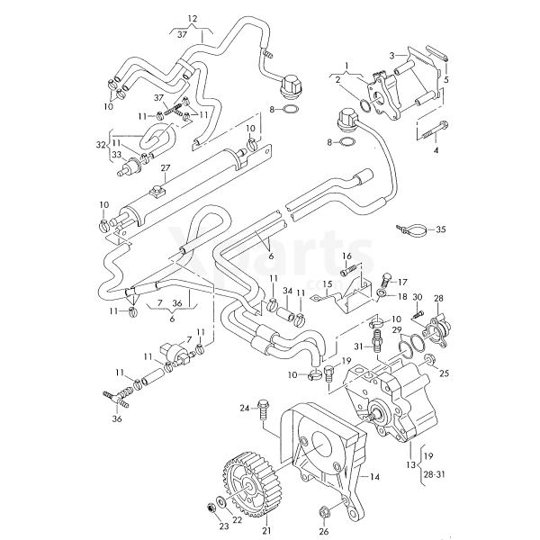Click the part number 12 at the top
click(x=192, y=18)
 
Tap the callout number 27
click(x=165, y=168)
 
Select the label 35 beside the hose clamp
click(x=440, y=230)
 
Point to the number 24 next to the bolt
click(x=244, y=409)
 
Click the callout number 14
click(x=374, y=477)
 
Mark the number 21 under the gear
click(x=266, y=530)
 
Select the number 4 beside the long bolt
click(x=436, y=150)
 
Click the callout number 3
click(x=391, y=56)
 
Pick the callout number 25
click(x=444, y=373)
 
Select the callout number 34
click(x=288, y=292)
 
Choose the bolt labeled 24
click(x=262, y=409)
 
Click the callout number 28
click(x=438, y=298)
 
